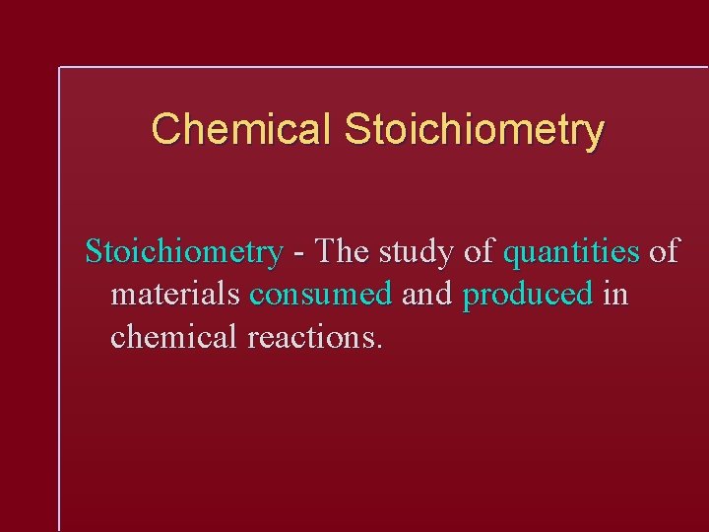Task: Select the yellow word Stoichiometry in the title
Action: [475, 129]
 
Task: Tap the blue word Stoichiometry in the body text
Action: [184, 252]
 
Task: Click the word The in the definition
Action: [342, 252]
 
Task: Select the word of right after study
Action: [479, 252]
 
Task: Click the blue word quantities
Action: [571, 252]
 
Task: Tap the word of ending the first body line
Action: [664, 252]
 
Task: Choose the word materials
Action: [175, 295]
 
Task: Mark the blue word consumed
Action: [321, 295]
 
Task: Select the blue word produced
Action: [528, 296]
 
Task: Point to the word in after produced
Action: [614, 295]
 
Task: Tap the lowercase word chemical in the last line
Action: [174, 337]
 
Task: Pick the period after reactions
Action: [379, 347]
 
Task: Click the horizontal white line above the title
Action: [384, 67]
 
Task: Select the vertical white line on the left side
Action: [60, 296]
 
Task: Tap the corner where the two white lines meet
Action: [60, 68]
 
